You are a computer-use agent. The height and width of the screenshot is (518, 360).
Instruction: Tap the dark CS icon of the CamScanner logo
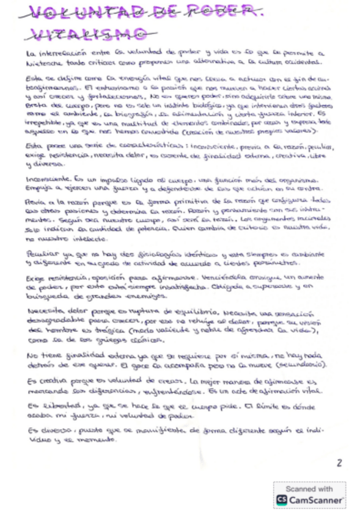coord(282,500)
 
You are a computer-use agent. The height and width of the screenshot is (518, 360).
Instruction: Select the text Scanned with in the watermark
coord(309,489)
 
